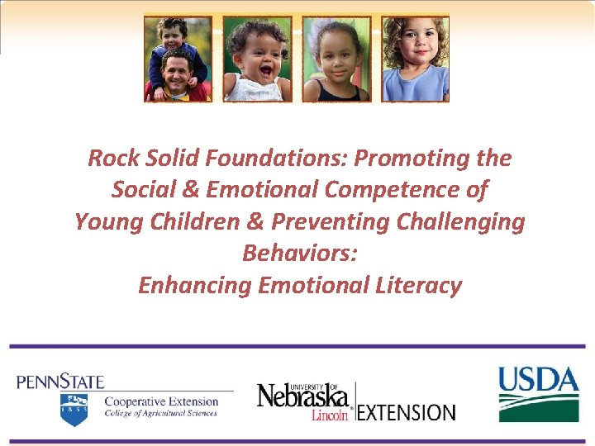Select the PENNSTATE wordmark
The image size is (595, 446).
60,382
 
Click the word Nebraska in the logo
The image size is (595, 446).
302,396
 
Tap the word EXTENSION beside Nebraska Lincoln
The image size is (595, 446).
407,411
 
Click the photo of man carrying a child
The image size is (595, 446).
178,59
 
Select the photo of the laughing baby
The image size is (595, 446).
257,59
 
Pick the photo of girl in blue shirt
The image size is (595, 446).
415,59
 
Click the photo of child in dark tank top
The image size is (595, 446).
336,59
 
